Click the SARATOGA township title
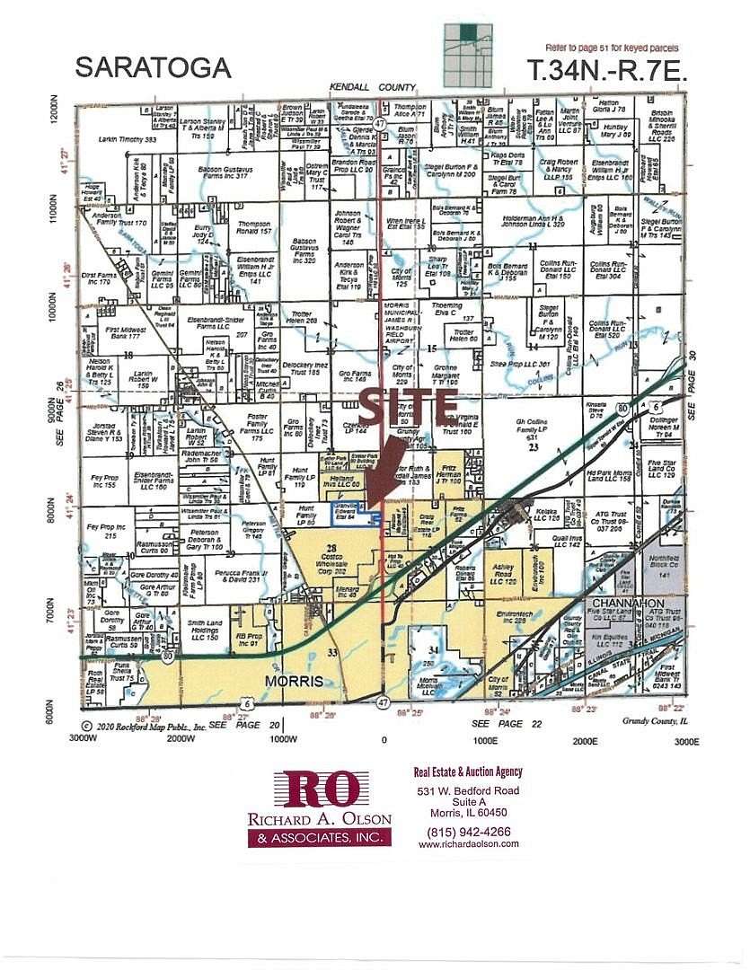153,66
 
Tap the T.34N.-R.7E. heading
608,71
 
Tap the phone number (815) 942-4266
468,831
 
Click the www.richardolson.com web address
463,844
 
